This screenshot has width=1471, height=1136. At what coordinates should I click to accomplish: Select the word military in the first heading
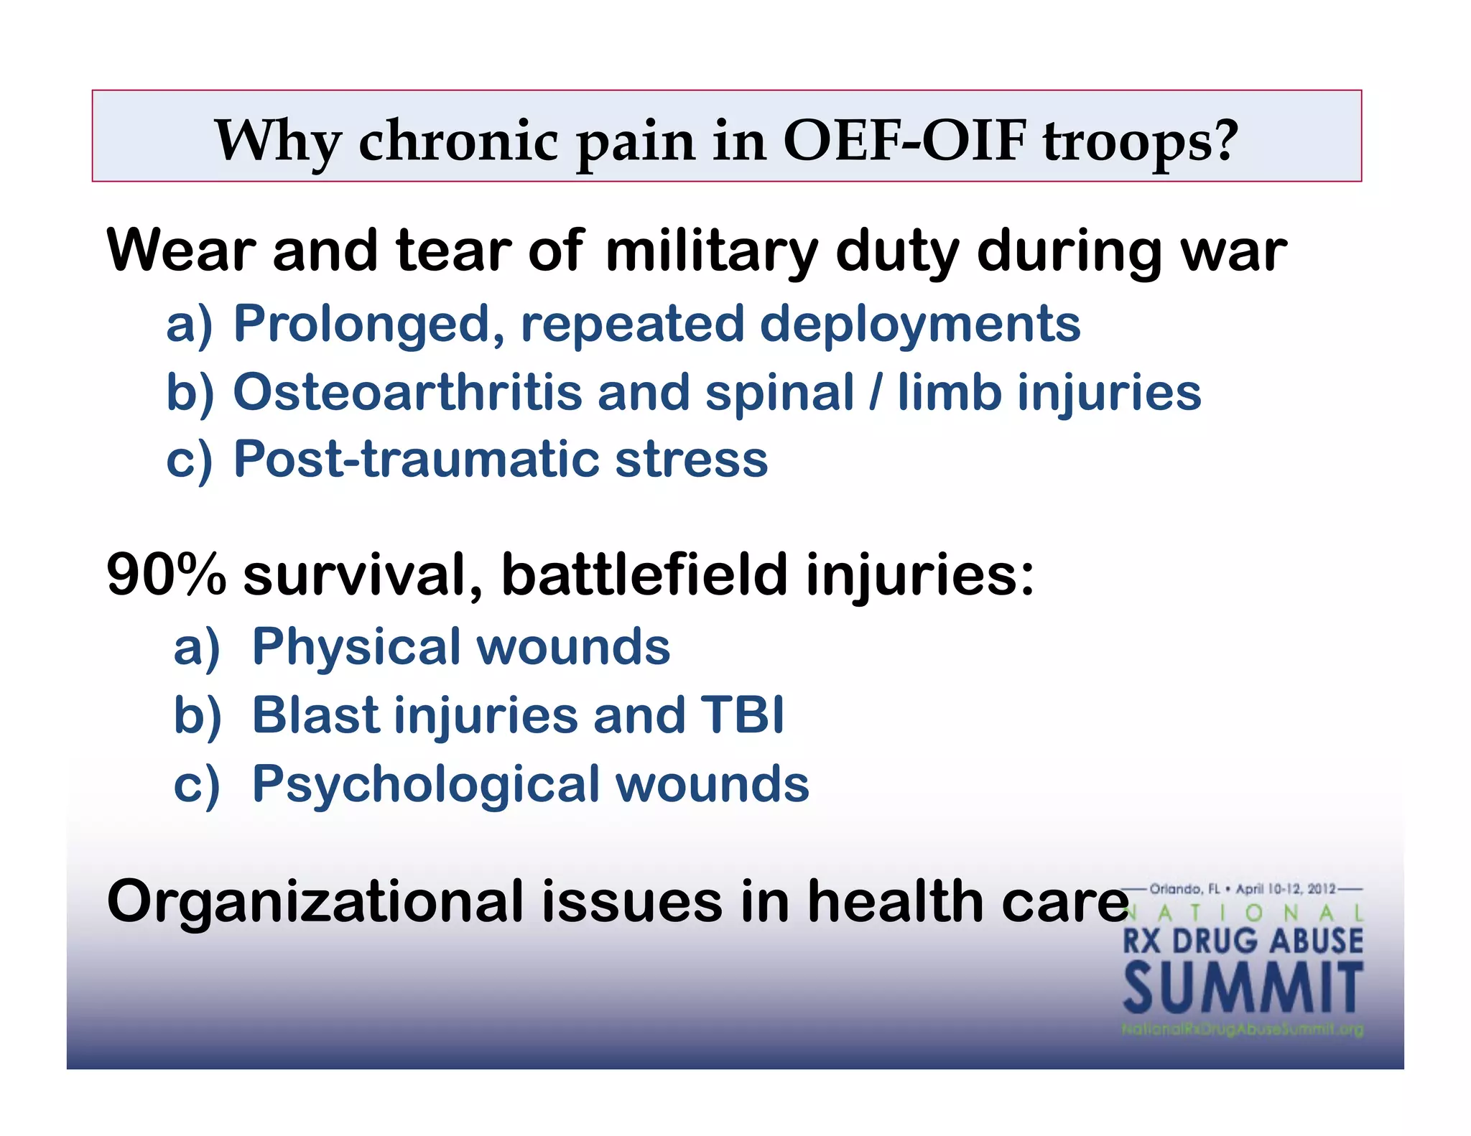(x=710, y=252)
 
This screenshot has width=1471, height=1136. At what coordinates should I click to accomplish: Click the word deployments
(x=919, y=325)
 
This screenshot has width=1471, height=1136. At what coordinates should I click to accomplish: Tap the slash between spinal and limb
(x=874, y=393)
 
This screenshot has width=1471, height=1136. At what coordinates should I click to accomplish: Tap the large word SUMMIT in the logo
(x=1243, y=989)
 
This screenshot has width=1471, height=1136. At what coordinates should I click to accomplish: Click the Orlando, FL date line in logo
(x=1242, y=889)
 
